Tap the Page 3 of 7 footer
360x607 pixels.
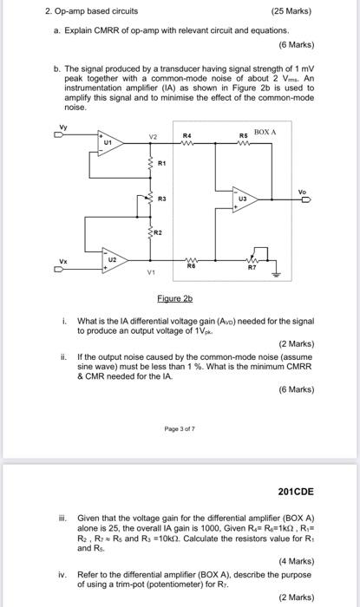(179, 428)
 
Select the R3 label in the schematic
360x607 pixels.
(161, 199)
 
